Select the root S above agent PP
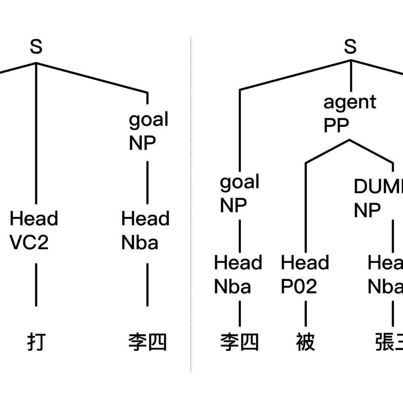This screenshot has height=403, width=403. point(350,47)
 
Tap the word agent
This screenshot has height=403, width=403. point(349,102)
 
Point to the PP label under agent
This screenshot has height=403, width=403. point(336,126)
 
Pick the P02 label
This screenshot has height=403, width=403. point(299,287)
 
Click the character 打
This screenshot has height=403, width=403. point(36,343)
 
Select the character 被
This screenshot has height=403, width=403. point(305,343)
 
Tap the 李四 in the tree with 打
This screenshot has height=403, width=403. point(147,343)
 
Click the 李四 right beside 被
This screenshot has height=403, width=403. point(240,343)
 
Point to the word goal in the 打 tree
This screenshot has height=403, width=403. point(148,120)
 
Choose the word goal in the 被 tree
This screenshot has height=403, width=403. point(239,182)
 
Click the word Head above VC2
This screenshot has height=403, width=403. point(34,219)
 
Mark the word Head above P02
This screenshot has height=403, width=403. point(305,263)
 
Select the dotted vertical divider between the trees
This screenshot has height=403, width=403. point(191,201)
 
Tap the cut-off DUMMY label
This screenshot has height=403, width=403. point(378,186)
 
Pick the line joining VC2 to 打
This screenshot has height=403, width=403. point(36,284)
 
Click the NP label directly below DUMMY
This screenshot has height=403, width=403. point(367,210)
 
